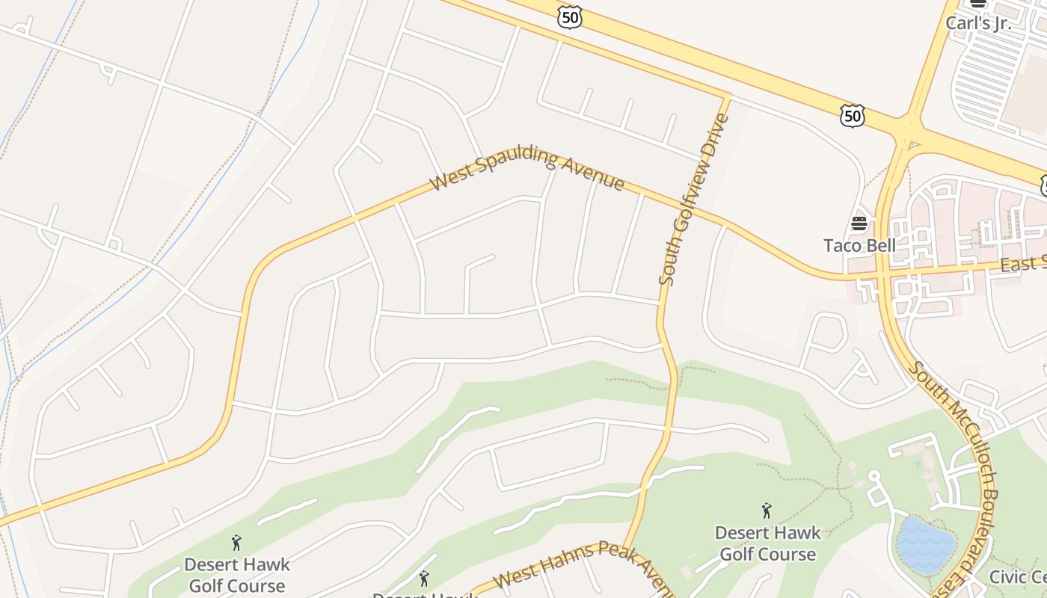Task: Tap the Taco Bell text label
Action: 859,246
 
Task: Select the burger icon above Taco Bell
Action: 859,223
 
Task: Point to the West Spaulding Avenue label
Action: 527,170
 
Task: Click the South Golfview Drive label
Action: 693,199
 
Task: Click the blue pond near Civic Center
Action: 926,545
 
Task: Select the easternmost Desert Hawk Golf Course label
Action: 767,543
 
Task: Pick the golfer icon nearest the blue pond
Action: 767,511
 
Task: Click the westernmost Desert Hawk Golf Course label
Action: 236,574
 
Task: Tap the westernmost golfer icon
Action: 236,543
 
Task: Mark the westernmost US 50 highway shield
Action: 569,18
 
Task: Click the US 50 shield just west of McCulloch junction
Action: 852,115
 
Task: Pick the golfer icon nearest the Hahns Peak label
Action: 424,578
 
